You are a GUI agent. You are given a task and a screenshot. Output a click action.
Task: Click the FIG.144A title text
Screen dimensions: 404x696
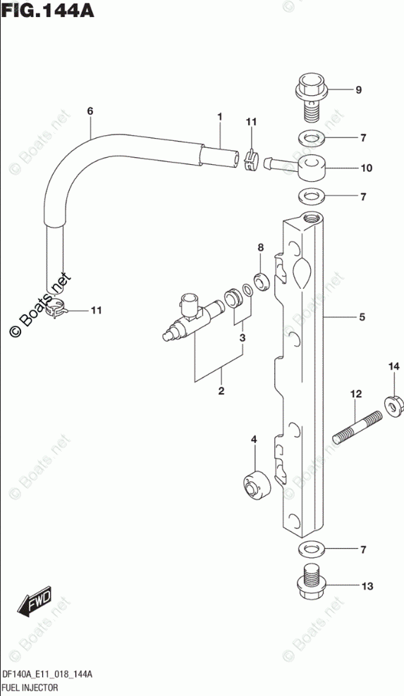(47, 10)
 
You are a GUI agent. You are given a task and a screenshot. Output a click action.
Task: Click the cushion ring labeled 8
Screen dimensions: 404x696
(262, 282)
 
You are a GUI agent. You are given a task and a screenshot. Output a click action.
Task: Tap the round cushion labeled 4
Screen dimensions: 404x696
(257, 485)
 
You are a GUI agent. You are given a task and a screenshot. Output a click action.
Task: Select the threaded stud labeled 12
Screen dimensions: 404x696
(357, 427)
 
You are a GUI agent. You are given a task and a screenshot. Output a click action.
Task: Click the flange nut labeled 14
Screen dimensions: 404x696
(394, 406)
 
